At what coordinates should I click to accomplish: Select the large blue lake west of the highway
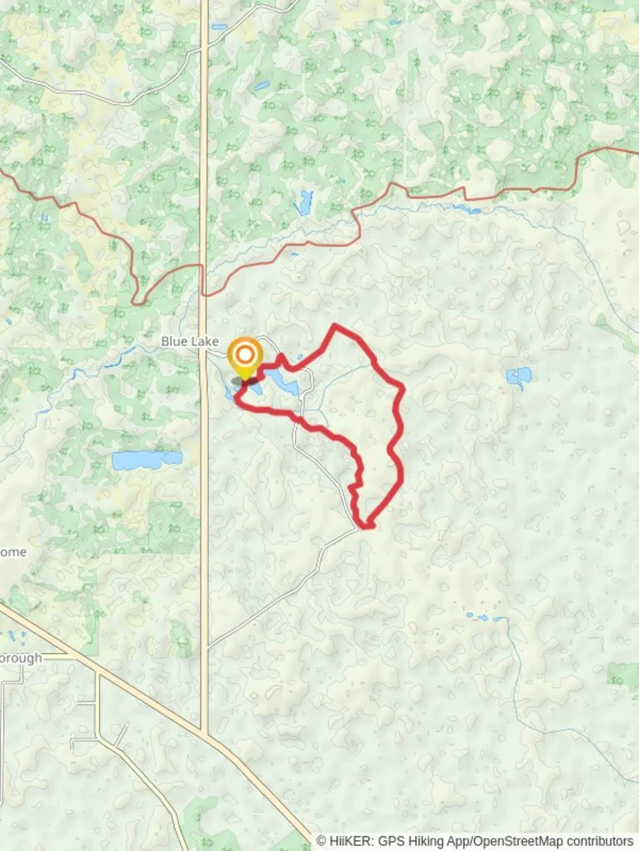[147, 459]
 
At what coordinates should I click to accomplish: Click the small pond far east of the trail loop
[518, 377]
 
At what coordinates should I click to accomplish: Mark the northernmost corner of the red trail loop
[335, 325]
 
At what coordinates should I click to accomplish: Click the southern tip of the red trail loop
[366, 526]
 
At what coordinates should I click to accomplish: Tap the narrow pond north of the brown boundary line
[305, 202]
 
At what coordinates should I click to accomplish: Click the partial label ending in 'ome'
[13, 552]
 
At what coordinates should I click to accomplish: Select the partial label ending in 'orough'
[21, 658]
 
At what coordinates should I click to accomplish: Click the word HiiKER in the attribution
[348, 841]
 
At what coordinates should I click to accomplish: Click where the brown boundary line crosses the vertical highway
[204, 293]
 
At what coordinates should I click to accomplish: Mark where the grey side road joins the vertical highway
[207, 648]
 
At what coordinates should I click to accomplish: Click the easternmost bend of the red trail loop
[403, 387]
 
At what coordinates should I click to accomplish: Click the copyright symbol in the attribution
[321, 841]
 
